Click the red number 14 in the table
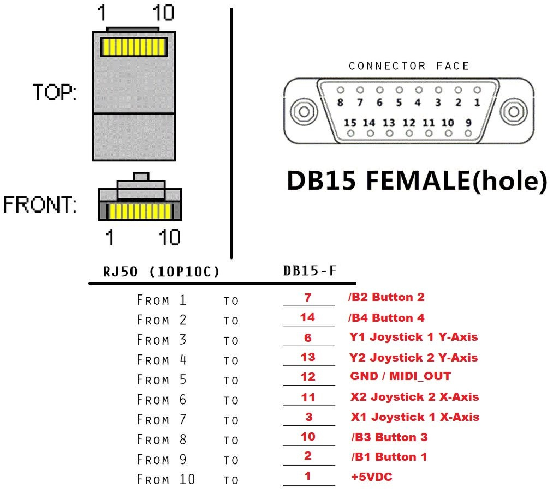(x=308, y=317)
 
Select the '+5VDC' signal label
(x=371, y=477)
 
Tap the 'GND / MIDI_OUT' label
(x=401, y=376)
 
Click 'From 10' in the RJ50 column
(x=166, y=479)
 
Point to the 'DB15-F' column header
(x=310, y=271)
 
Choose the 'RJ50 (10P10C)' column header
(x=161, y=272)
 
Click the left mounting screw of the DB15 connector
(x=304, y=111)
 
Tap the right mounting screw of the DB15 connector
(x=514, y=111)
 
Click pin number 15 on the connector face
(x=350, y=123)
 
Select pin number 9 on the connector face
(x=468, y=123)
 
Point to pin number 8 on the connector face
(x=340, y=103)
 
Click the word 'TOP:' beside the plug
(x=55, y=92)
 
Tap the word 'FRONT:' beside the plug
(x=40, y=204)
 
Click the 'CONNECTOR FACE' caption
(x=409, y=66)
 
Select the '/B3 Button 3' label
(x=389, y=437)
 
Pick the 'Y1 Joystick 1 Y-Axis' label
(x=414, y=337)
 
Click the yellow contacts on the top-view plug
(x=134, y=46)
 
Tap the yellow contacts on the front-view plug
(x=140, y=211)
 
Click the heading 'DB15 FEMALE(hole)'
(x=417, y=180)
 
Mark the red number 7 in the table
(x=308, y=297)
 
